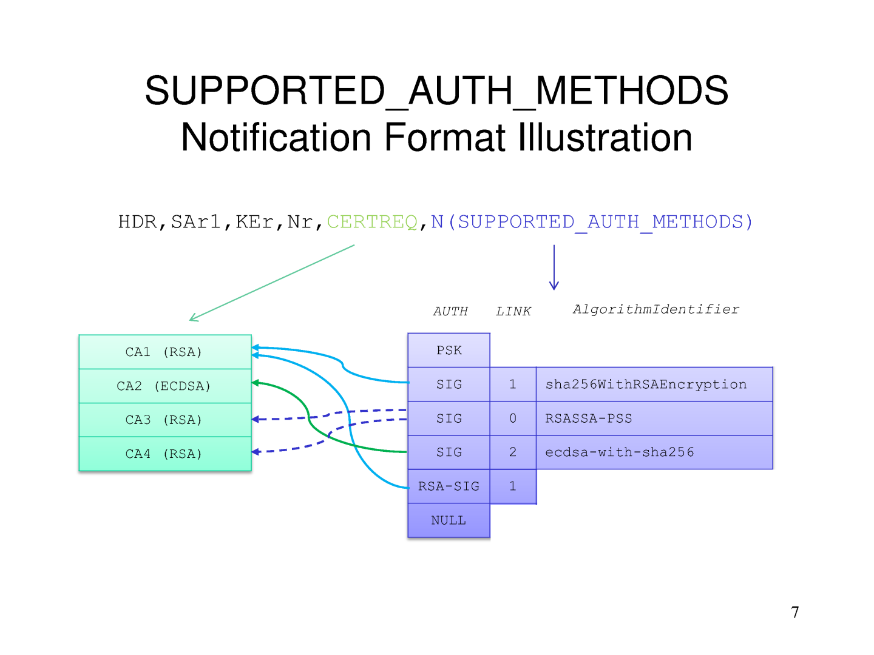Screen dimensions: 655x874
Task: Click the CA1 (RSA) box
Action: pyautogui.click(x=164, y=352)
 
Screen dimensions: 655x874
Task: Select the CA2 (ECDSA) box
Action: pyautogui.click(x=164, y=386)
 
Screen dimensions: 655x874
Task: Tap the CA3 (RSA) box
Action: pyautogui.click(x=164, y=420)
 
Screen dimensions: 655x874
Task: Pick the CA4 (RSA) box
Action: pyautogui.click(x=164, y=454)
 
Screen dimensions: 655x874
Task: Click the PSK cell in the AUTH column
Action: pyautogui.click(x=449, y=350)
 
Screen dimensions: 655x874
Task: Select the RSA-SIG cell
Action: pyautogui.click(x=449, y=486)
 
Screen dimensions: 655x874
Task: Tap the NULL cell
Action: pyautogui.click(x=449, y=520)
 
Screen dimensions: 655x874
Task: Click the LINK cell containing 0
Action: pyautogui.click(x=513, y=418)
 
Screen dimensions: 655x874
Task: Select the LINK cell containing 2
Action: pyautogui.click(x=513, y=452)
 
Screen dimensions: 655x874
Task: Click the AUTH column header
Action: pyautogui.click(x=450, y=312)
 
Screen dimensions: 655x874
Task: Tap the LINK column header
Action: pyautogui.click(x=513, y=312)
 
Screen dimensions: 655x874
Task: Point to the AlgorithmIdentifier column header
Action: pyautogui.click(x=656, y=309)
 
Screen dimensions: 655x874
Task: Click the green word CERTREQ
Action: pyautogui.click(x=372, y=222)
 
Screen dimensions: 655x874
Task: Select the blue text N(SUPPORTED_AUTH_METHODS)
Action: pyautogui.click(x=592, y=222)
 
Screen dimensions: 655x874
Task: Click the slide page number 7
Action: pyautogui.click(x=795, y=613)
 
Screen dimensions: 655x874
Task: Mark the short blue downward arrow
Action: pyautogui.click(x=554, y=267)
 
